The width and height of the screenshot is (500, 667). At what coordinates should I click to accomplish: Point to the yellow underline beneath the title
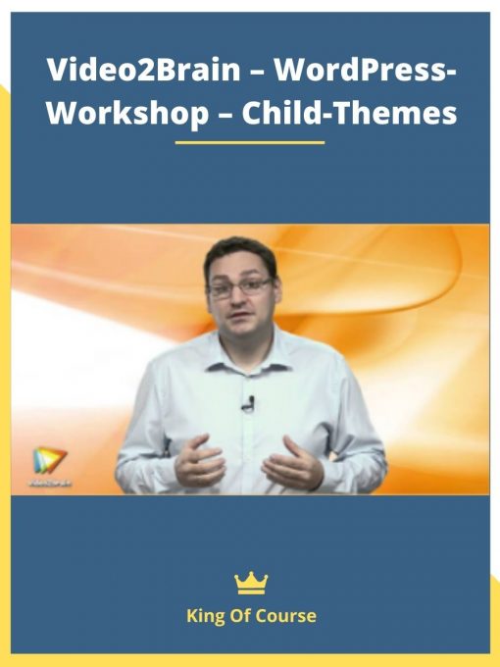[249, 142]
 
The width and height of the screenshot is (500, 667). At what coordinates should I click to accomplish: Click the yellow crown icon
[251, 584]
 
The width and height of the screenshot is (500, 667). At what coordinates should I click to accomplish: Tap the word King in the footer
[205, 617]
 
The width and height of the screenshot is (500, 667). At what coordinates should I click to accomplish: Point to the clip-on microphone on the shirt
[248, 402]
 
